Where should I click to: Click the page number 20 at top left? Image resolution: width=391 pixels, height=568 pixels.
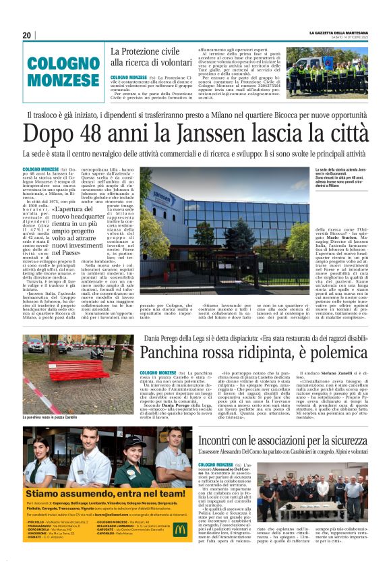pyautogui.click(x=27, y=35)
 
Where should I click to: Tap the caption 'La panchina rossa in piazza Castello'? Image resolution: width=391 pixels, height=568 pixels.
pyautogui.click(x=49, y=418)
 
